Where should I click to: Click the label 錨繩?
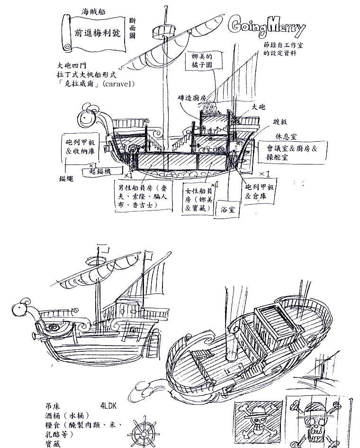coord(66,179)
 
